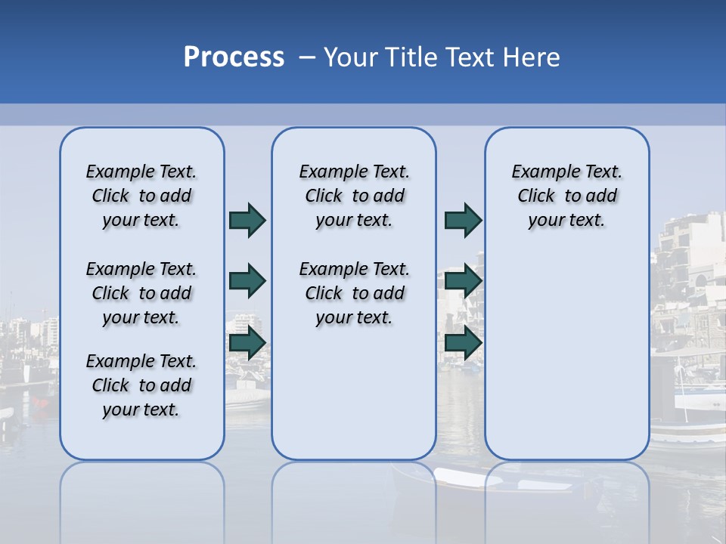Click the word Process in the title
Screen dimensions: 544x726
(234, 57)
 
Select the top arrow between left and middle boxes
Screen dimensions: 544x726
(247, 220)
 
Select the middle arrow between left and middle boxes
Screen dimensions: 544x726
(247, 281)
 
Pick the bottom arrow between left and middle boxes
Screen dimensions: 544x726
(247, 343)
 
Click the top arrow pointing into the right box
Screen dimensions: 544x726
(463, 220)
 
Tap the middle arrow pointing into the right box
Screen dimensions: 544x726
(463, 281)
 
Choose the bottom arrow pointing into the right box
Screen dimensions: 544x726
(463, 343)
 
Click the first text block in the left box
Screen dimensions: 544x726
(141, 196)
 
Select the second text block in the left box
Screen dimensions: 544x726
(141, 293)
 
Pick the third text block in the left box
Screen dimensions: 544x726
(141, 385)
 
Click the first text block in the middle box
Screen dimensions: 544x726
(354, 196)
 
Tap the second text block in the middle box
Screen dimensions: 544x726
(354, 293)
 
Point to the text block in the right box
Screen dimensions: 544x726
(567, 196)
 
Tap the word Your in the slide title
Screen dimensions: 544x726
(351, 57)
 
